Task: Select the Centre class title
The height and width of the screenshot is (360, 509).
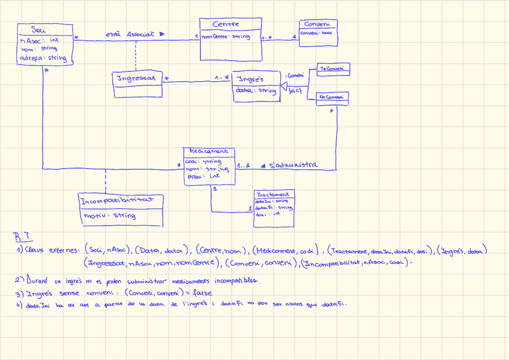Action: [226, 24]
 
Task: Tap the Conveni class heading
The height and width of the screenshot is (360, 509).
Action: [317, 24]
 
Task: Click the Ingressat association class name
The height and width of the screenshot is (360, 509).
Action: [136, 78]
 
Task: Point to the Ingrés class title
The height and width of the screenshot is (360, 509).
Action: [250, 79]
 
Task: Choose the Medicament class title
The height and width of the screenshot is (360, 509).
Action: [208, 152]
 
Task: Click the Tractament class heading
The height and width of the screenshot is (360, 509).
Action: [273, 195]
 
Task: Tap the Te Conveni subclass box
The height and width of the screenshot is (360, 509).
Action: [333, 70]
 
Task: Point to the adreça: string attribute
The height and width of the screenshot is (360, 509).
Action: [43, 58]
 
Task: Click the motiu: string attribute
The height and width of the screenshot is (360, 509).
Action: [109, 215]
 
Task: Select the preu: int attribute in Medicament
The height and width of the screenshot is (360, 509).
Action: [204, 176]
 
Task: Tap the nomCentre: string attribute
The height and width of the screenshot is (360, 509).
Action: [226, 37]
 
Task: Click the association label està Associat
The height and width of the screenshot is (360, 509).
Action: [130, 34]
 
